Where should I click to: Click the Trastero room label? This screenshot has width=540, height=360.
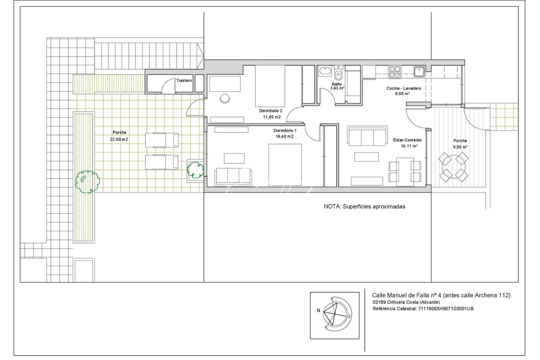point(184,81)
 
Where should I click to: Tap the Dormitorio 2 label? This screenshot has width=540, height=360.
point(271,111)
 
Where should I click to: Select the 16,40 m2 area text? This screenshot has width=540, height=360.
point(284,136)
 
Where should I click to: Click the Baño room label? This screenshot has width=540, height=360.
point(336,84)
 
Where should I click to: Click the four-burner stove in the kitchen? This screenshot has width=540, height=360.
point(395,72)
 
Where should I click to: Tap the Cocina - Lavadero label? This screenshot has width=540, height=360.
point(404,88)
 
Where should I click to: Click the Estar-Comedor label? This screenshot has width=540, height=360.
point(407,140)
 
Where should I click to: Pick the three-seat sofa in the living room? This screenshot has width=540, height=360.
point(367,136)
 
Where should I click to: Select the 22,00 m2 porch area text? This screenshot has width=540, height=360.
point(119,140)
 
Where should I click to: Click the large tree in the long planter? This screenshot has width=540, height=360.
point(87,181)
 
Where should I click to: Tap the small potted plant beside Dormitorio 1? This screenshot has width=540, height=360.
point(195,170)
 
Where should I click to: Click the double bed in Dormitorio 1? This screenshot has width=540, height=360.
point(285,164)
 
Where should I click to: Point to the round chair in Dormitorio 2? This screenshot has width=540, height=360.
point(225,99)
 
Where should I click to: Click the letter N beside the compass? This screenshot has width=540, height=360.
point(318,310)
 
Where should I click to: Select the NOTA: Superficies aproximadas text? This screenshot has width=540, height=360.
point(364,206)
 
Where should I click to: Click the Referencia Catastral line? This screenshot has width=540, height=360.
point(423,309)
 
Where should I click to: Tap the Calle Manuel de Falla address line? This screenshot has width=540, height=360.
point(441,295)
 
